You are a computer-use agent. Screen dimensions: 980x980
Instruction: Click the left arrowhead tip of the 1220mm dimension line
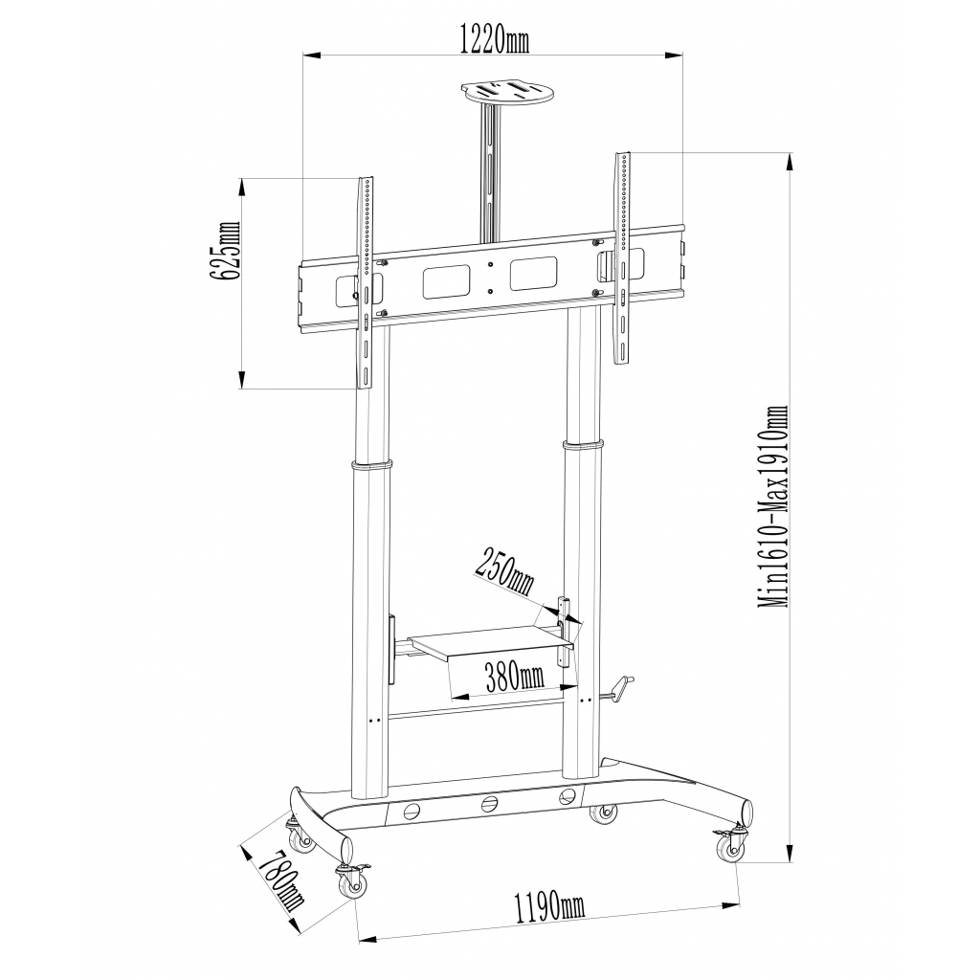[x=303, y=56]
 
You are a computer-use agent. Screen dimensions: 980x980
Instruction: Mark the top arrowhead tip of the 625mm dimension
[x=241, y=179]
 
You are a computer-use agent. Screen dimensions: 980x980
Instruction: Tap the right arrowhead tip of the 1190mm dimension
[x=739, y=903]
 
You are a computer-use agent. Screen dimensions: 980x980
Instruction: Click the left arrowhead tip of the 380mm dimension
[x=452, y=696]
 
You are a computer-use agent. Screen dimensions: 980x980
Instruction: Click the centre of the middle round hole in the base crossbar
[x=488, y=804]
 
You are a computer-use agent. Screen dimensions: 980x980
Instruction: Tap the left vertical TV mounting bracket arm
[x=366, y=282]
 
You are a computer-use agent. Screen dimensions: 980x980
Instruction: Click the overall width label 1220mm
[x=495, y=39]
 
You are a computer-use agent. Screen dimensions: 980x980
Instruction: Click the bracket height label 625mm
[x=226, y=250]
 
